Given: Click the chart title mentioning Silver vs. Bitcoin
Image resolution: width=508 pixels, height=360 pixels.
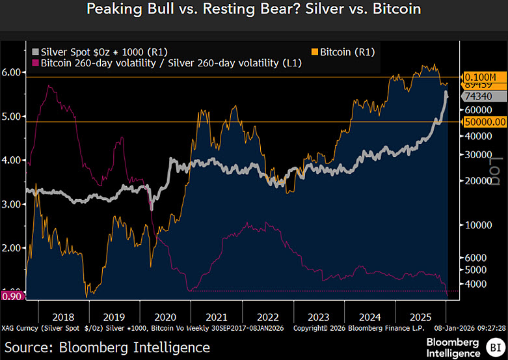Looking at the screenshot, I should point(254,10).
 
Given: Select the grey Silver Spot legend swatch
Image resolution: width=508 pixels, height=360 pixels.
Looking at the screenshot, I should point(35,51).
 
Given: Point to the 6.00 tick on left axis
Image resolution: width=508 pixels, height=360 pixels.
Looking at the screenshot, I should point(12,73).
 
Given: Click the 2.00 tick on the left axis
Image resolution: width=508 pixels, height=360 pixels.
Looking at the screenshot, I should point(12,248).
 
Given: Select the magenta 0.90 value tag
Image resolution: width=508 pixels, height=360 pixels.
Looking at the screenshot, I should point(12,296).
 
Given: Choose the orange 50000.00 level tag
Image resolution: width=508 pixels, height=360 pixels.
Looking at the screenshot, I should point(484,122).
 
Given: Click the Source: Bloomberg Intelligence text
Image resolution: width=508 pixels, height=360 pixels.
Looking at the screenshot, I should point(107,347).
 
